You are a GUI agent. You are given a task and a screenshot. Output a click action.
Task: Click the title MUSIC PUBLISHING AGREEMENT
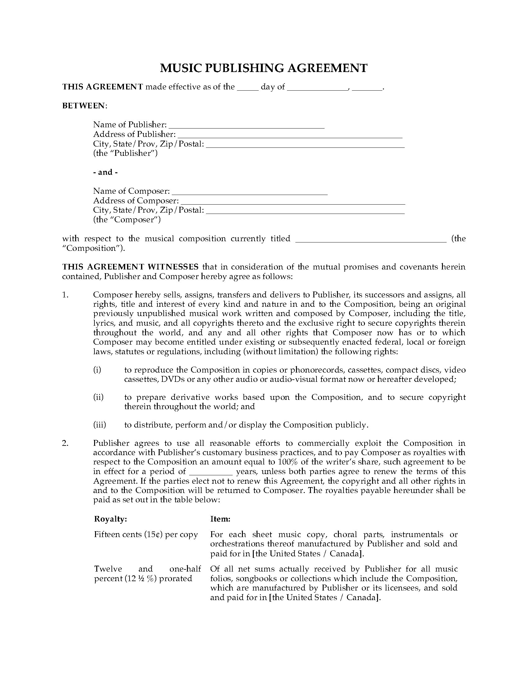tap(264, 68)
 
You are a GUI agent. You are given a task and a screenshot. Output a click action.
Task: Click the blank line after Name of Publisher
tap(247, 126)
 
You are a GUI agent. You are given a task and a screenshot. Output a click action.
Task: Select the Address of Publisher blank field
tap(290, 135)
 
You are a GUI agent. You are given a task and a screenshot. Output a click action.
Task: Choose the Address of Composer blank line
tap(293, 202)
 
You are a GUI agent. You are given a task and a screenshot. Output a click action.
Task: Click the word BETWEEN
tap(84, 106)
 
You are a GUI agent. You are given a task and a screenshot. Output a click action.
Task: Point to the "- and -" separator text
tap(105, 172)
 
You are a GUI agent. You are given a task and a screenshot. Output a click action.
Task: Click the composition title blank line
tap(371, 240)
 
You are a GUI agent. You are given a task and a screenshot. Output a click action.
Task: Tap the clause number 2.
tap(65, 443)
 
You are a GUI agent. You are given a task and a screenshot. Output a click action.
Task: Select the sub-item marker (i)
tap(97, 370)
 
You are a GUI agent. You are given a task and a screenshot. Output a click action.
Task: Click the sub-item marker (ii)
tap(98, 397)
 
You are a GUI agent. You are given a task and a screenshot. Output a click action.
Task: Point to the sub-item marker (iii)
tap(99, 425)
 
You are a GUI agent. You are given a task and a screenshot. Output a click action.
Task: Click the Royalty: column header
tap(111, 519)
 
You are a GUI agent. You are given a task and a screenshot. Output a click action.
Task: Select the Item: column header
tap(220, 519)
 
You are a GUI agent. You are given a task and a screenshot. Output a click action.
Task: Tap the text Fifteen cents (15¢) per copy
tap(146, 535)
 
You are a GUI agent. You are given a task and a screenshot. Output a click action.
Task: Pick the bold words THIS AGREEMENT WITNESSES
tap(130, 267)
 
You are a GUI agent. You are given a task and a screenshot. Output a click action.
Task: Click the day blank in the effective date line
tap(248, 88)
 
